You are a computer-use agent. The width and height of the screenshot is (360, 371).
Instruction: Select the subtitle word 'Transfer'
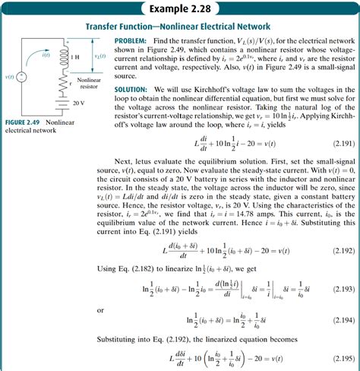pos(117,26)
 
